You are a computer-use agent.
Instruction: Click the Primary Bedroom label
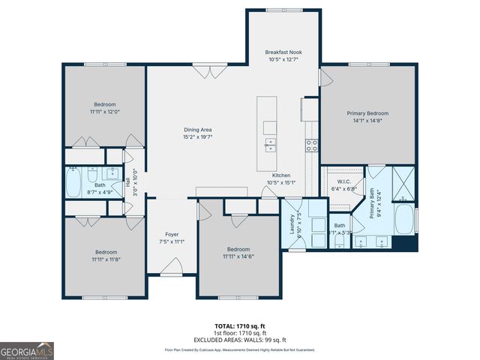(x=367, y=113)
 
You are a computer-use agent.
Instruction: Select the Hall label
(x=127, y=180)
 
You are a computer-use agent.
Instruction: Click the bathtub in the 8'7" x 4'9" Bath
(x=73, y=182)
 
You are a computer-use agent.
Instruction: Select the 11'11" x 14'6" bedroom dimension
(x=238, y=256)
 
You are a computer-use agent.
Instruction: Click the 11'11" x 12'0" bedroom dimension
(x=104, y=112)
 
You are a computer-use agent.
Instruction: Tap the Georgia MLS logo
(x=26, y=350)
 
